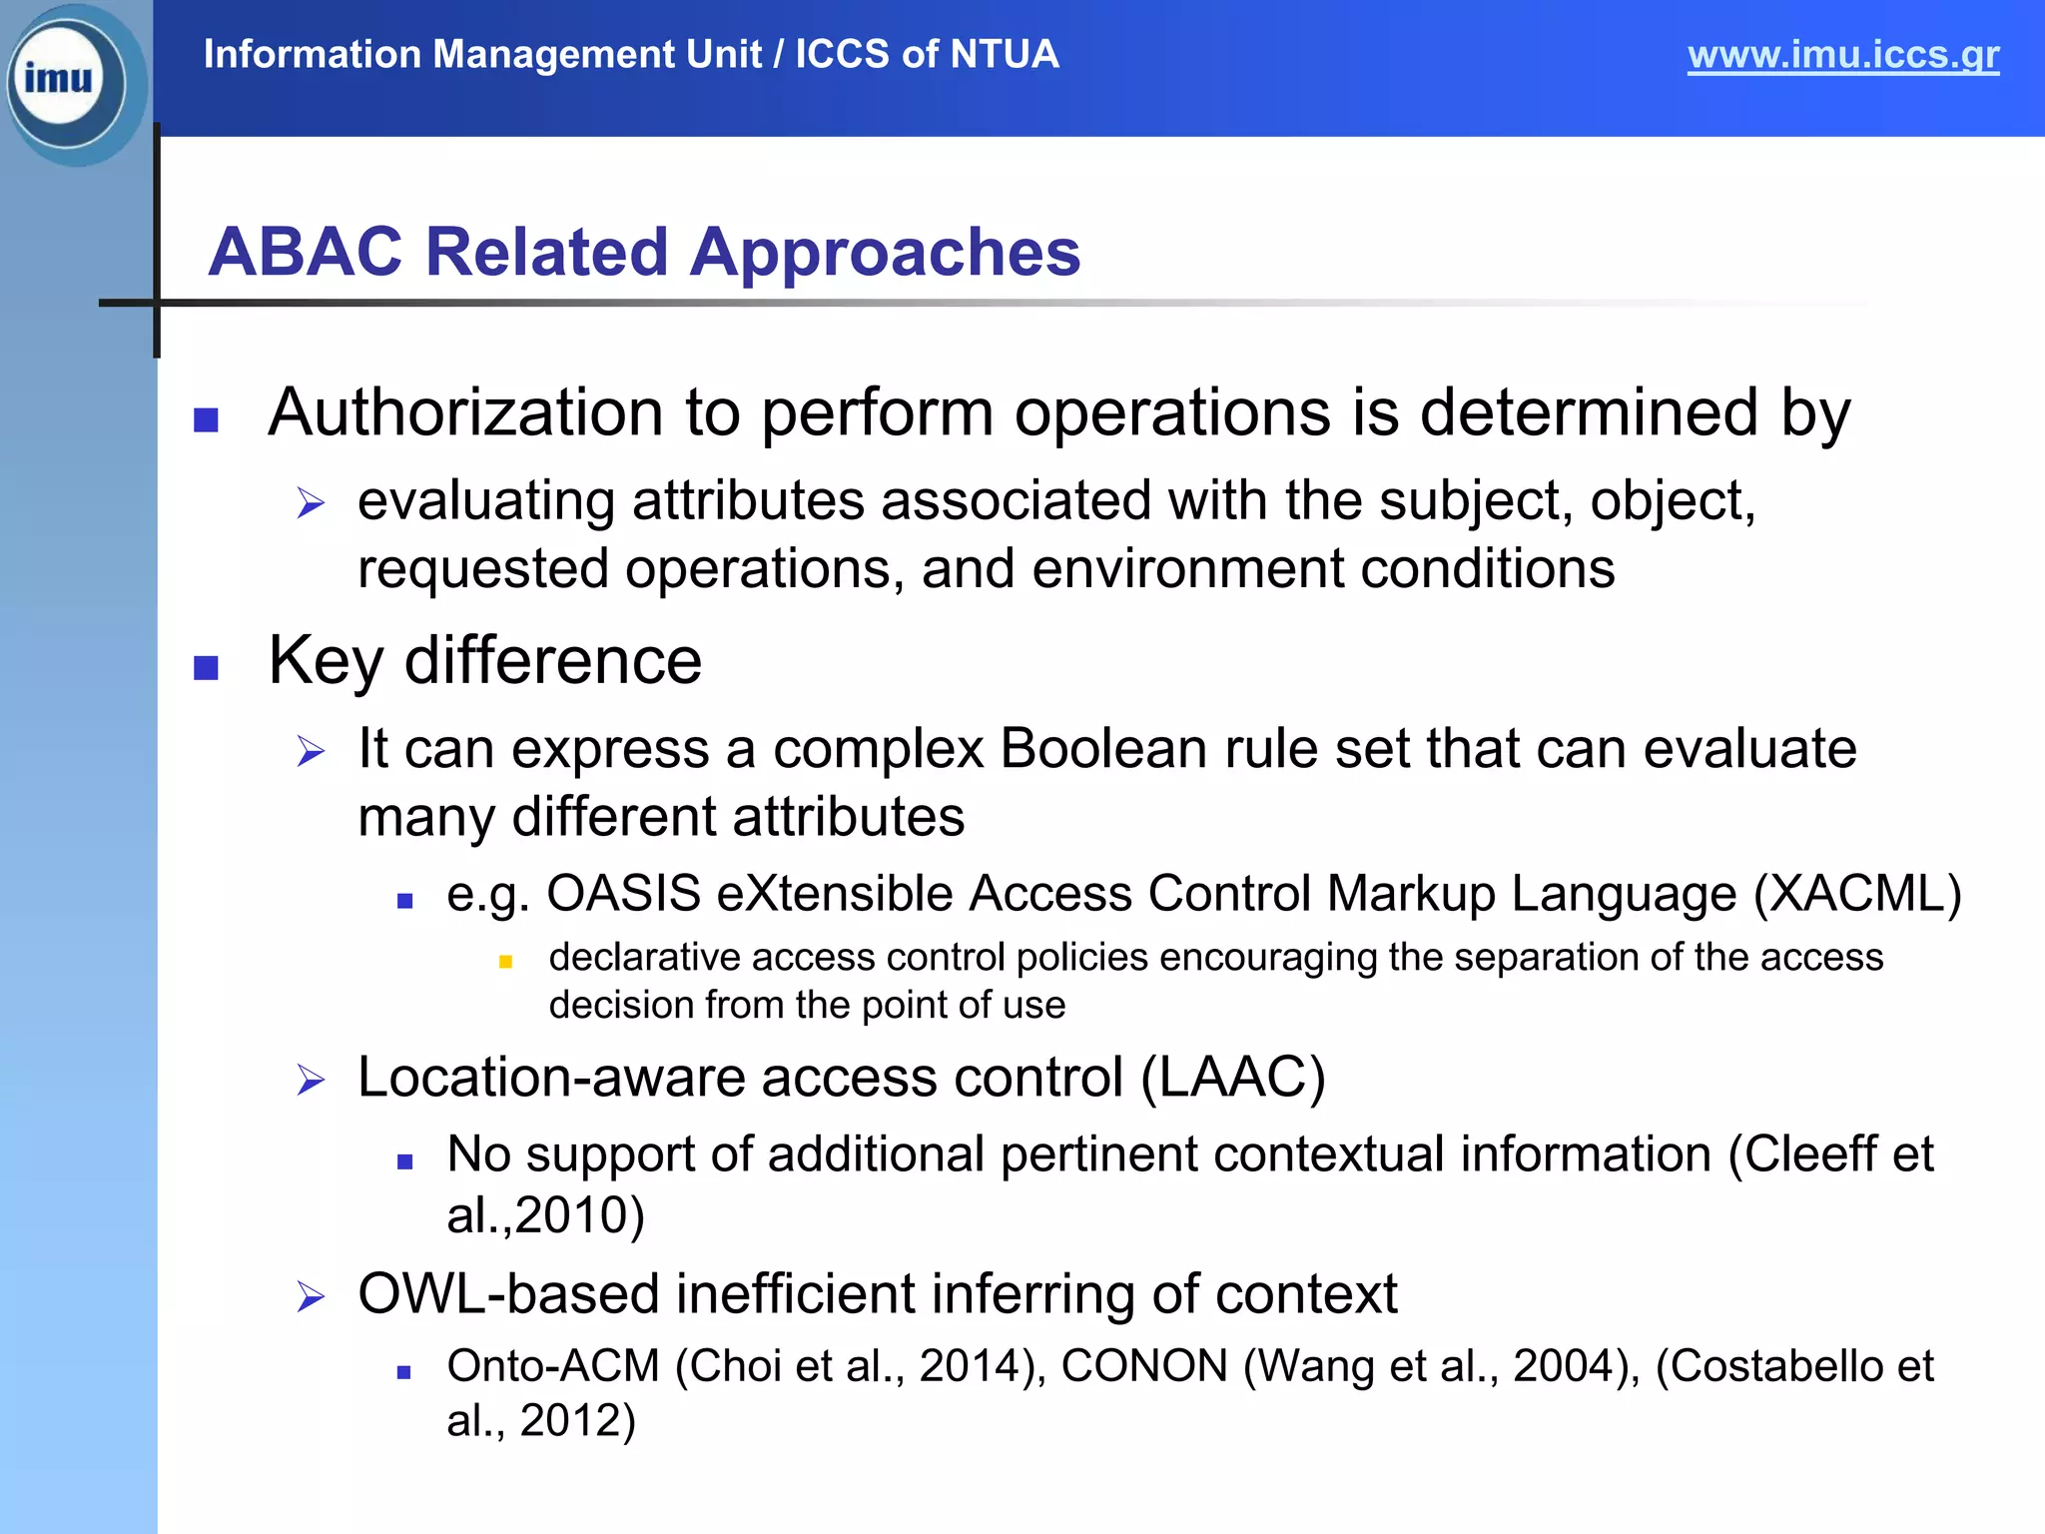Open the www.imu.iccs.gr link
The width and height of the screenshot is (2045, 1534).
pos(1842,55)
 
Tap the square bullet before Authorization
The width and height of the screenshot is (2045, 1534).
pos(206,419)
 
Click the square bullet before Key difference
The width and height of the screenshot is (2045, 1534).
pos(206,667)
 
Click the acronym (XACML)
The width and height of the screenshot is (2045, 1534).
pos(1857,894)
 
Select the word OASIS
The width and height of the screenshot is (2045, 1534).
pos(623,894)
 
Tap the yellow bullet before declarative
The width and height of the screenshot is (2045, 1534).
pos(505,962)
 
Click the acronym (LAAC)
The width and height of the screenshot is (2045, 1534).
pos(1233,1078)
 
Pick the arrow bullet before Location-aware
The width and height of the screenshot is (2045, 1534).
pos(311,1081)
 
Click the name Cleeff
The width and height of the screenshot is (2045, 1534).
pos(1810,1154)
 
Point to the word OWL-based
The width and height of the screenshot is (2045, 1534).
pos(508,1294)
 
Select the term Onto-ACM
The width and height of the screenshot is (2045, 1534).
pos(553,1366)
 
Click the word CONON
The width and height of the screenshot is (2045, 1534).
pos(1143,1366)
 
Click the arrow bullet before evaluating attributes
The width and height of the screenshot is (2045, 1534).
pos(311,503)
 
